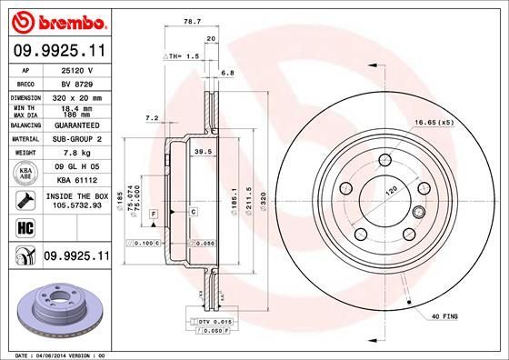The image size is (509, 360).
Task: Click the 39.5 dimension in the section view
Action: tap(204, 153)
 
